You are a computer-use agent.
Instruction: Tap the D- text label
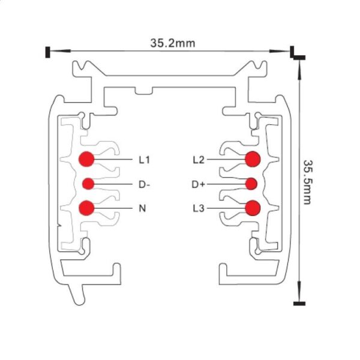[144, 184]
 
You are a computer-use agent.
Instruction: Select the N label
[143, 209]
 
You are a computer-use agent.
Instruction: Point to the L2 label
[199, 160]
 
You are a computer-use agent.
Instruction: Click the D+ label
[199, 184]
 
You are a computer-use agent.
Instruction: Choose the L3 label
[199, 209]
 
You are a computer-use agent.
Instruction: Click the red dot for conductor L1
[86, 160]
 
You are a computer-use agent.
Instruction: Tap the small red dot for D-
[88, 184]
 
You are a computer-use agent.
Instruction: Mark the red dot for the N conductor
[86, 208]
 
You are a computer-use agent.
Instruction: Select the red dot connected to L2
[252, 159]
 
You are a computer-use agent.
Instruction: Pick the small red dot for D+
[251, 184]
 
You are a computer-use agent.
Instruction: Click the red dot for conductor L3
[252, 208]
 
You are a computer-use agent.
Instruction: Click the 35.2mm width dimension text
[172, 43]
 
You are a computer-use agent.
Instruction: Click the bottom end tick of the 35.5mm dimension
[298, 304]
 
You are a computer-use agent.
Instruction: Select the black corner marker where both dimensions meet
[296, 54]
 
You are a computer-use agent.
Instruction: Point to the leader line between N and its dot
[114, 208]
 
